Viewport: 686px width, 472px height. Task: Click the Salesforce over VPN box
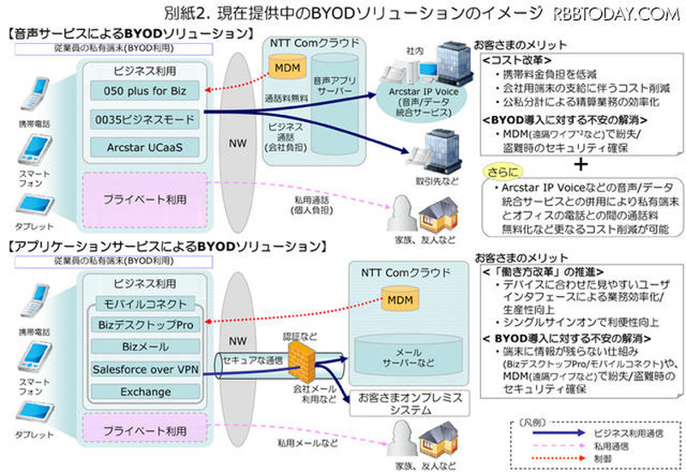(143, 370)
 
